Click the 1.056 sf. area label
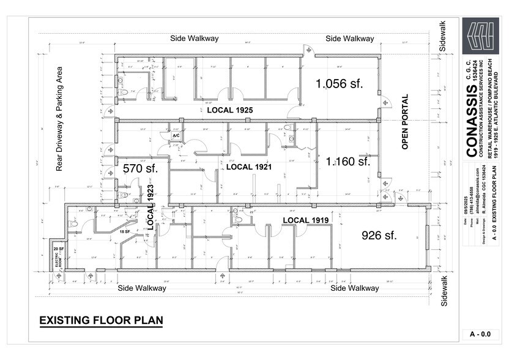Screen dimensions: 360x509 coord(340,84)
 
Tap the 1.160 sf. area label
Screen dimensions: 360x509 coord(348,162)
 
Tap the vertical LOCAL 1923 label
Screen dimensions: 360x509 coord(150,208)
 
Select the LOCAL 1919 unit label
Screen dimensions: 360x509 coord(306,219)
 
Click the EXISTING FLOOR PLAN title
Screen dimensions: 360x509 coord(101,320)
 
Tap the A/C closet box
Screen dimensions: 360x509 coord(176,136)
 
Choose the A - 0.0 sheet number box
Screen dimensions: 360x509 coord(480,334)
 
